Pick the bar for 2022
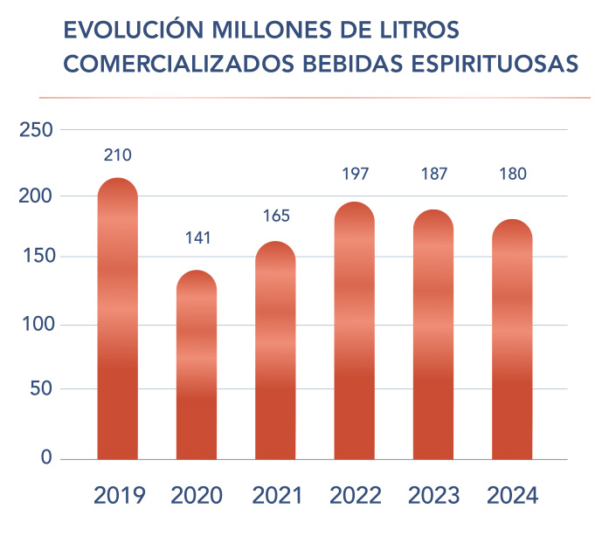(354, 331)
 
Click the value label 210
(117, 155)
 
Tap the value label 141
(197, 237)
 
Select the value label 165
(275, 215)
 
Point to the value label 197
(354, 173)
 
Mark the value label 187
(433, 173)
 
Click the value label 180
(512, 173)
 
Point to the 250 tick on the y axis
(36, 130)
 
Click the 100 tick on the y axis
(36, 326)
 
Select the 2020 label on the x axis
(197, 496)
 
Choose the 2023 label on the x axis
(433, 496)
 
